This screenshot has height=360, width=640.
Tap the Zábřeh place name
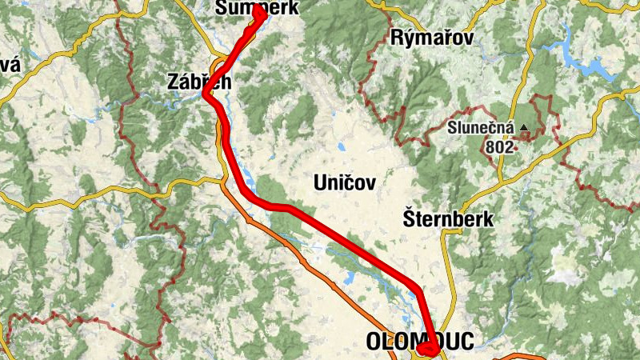pos(199,81)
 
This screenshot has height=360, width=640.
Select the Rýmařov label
pos(433,38)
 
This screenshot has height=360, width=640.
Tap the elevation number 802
pos(499,147)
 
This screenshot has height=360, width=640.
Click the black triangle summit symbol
pos(524,127)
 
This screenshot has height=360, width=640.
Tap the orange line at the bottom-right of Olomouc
pos(512,355)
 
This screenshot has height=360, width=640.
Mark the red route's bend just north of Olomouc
pos(418,287)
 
